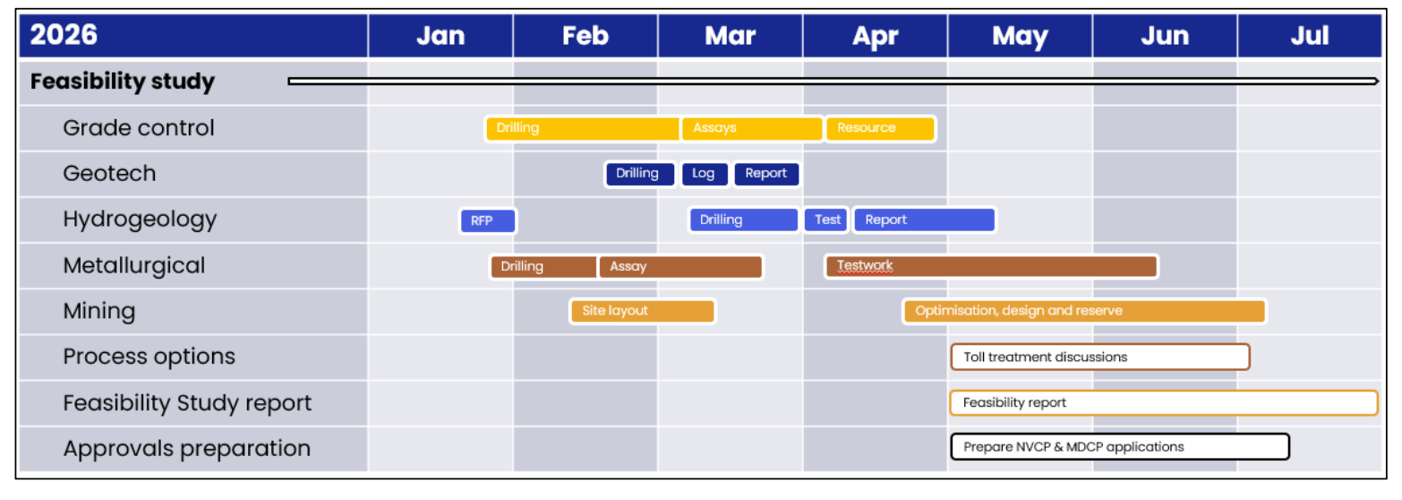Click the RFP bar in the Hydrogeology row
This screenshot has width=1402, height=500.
click(488, 220)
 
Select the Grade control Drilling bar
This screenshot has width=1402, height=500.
click(583, 128)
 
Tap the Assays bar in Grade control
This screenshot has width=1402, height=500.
click(752, 128)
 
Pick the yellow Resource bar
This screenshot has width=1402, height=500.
click(880, 128)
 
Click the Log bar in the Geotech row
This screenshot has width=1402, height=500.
click(705, 174)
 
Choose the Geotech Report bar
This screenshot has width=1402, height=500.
click(766, 174)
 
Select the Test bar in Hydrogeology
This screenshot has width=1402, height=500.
click(826, 220)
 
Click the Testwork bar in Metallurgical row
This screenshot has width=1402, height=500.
click(991, 266)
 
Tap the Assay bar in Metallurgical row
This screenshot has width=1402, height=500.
click(681, 266)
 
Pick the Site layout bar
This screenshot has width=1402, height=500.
click(643, 312)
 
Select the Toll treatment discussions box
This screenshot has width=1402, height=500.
click(1100, 358)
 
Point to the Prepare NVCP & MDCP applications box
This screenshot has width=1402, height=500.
click(1120, 447)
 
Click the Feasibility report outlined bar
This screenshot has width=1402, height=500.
click(1164, 403)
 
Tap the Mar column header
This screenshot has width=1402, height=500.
click(731, 36)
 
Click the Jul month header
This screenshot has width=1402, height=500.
click(1310, 36)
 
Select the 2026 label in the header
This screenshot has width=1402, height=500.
click(64, 34)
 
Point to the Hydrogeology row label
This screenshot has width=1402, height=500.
click(140, 220)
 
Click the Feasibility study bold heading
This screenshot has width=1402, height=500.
click(123, 82)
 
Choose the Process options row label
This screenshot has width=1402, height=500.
click(149, 357)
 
